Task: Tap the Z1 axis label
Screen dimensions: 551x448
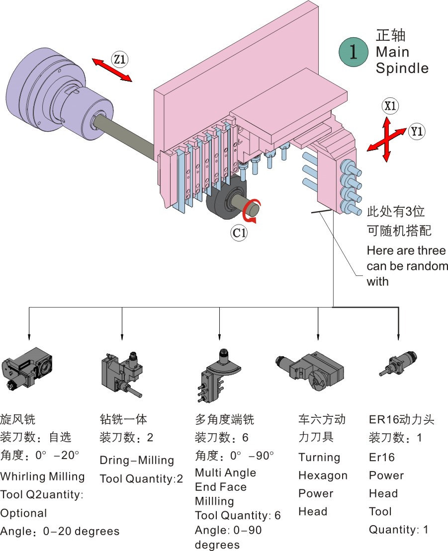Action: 120,60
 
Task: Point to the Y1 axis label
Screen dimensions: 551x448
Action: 417,132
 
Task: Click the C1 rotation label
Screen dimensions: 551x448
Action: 239,232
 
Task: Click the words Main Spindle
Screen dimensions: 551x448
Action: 402,60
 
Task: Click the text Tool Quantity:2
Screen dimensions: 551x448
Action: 141,479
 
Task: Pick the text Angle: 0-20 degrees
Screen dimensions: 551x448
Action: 60,532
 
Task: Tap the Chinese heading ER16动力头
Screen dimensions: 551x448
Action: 401,419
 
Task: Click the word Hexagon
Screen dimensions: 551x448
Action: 323,475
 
